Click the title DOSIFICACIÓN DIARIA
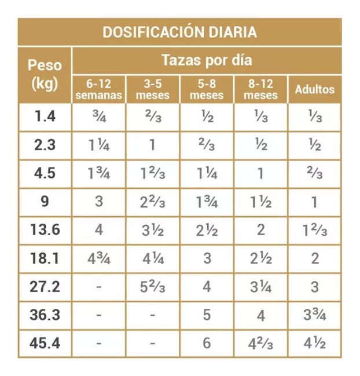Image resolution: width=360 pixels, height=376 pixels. [x=179, y=31]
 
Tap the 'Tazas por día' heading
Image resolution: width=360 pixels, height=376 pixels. [x=207, y=60]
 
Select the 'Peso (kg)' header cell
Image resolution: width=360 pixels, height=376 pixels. [x=44, y=75]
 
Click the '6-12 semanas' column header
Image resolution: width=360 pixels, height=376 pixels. [x=98, y=90]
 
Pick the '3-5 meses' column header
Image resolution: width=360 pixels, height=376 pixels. [x=152, y=90]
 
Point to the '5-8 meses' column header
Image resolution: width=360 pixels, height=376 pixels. [x=207, y=90]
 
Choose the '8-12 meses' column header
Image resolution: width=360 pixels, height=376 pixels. [x=260, y=90]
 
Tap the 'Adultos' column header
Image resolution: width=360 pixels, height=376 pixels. [x=315, y=90]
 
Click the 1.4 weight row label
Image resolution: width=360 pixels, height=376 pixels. [x=45, y=116]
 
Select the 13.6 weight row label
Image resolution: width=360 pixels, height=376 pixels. [x=45, y=229]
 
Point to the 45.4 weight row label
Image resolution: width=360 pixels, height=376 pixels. [x=45, y=343]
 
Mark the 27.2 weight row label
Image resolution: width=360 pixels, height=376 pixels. [x=45, y=286]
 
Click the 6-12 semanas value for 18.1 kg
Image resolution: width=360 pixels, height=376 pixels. [x=98, y=258]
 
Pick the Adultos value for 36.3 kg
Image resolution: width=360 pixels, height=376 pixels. [x=315, y=315]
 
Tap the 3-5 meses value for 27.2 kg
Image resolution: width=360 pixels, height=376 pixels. [x=152, y=286]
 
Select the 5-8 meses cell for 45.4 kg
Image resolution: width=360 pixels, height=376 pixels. [x=207, y=343]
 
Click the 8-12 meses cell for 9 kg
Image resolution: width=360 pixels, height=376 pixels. [x=260, y=202]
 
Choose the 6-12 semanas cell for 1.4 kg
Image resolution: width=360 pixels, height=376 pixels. [x=98, y=116]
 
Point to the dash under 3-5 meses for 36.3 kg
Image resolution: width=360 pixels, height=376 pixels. [x=152, y=315]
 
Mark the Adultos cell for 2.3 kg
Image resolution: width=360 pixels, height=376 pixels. [x=315, y=145]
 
